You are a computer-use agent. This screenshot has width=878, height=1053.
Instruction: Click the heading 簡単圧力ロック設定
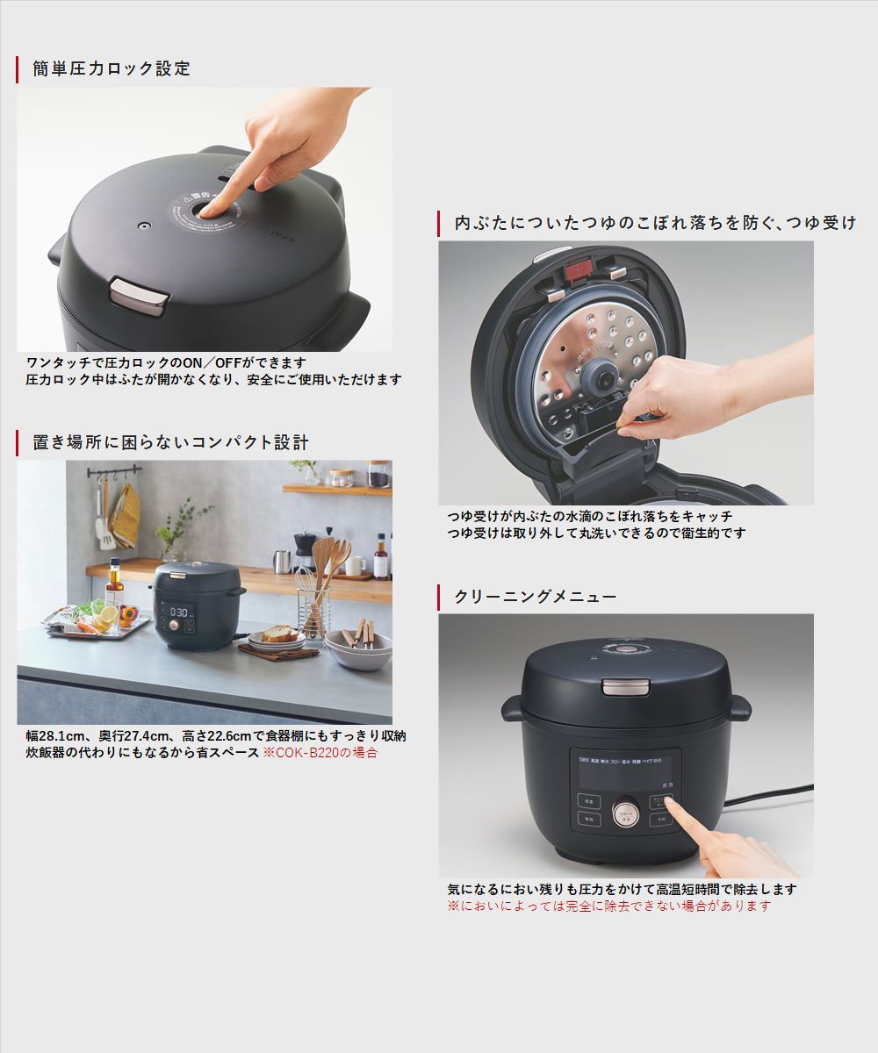[112, 68]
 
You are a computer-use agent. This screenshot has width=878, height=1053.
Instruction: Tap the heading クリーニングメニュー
[535, 597]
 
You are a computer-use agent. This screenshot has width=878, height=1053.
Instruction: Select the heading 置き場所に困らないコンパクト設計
[170, 443]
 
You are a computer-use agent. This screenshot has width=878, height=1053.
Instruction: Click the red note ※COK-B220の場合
[320, 753]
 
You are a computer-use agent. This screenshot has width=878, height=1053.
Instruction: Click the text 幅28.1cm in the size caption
[54, 736]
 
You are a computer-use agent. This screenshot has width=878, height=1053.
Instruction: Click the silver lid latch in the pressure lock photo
[140, 295]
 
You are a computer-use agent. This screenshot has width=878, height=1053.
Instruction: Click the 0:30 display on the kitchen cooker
[180, 612]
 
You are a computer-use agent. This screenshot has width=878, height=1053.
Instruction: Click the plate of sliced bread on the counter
[277, 637]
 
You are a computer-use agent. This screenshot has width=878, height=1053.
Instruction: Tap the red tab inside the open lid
[580, 271]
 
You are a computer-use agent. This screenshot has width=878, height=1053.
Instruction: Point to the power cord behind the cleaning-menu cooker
[768, 793]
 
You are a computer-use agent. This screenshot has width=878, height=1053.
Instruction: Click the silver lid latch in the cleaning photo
[626, 687]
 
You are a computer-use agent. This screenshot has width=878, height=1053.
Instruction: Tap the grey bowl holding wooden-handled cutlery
[359, 650]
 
